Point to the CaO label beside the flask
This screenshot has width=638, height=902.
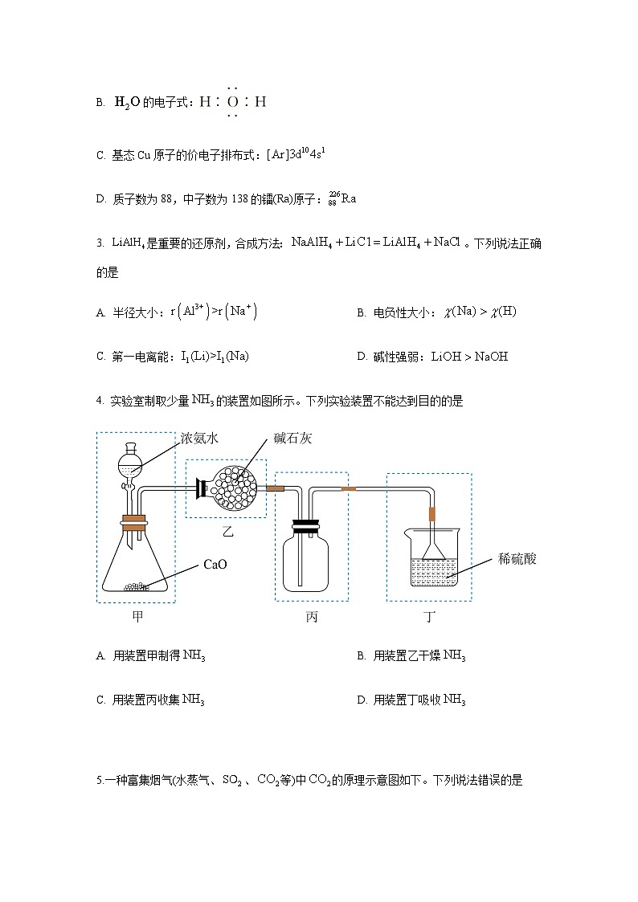point(215,565)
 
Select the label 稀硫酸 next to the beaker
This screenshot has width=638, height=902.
point(517,559)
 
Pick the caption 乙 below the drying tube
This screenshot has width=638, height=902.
point(227,532)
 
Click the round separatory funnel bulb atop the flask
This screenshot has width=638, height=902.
point(130,464)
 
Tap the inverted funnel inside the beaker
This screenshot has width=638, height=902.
point(433,549)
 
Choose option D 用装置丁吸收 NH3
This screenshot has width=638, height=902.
point(411,700)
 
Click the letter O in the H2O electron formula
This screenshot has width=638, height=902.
point(232,102)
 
